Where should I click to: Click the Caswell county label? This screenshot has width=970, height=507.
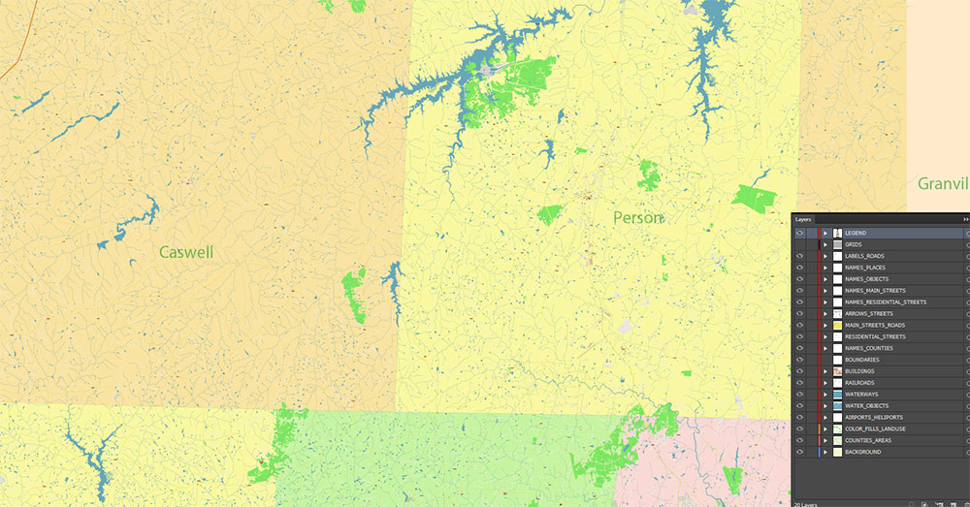coord(186,252)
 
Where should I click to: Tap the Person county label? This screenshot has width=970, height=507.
coord(638,218)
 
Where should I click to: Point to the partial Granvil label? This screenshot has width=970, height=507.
coord(943,183)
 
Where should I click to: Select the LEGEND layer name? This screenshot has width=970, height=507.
coord(856,234)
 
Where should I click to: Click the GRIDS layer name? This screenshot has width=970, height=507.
coord(854,245)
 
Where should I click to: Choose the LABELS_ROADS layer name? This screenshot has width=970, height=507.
coord(864,256)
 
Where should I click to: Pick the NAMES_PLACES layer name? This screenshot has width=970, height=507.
coord(865,268)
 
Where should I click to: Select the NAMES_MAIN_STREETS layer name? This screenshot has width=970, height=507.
coord(875,291)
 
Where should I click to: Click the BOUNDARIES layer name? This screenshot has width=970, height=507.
coord(862,360)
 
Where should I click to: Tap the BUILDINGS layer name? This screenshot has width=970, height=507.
coord(859,371)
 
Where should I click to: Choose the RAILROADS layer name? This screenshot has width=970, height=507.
coord(860,383)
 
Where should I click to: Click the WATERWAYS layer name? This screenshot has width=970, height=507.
coord(861,395)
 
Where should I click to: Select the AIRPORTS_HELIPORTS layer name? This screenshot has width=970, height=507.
coord(874,418)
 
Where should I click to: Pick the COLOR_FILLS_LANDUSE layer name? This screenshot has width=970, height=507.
coord(875,429)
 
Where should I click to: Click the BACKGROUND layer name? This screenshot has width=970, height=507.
coord(863,453)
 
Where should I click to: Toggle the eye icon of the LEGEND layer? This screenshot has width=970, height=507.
coord(800,234)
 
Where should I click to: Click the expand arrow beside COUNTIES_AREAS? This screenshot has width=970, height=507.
coord(825,441)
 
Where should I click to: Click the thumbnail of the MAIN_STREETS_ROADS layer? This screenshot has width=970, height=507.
coord(837,326)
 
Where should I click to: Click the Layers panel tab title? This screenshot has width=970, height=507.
coord(803,220)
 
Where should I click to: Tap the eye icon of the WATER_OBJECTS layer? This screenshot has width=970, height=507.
coord(800,406)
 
